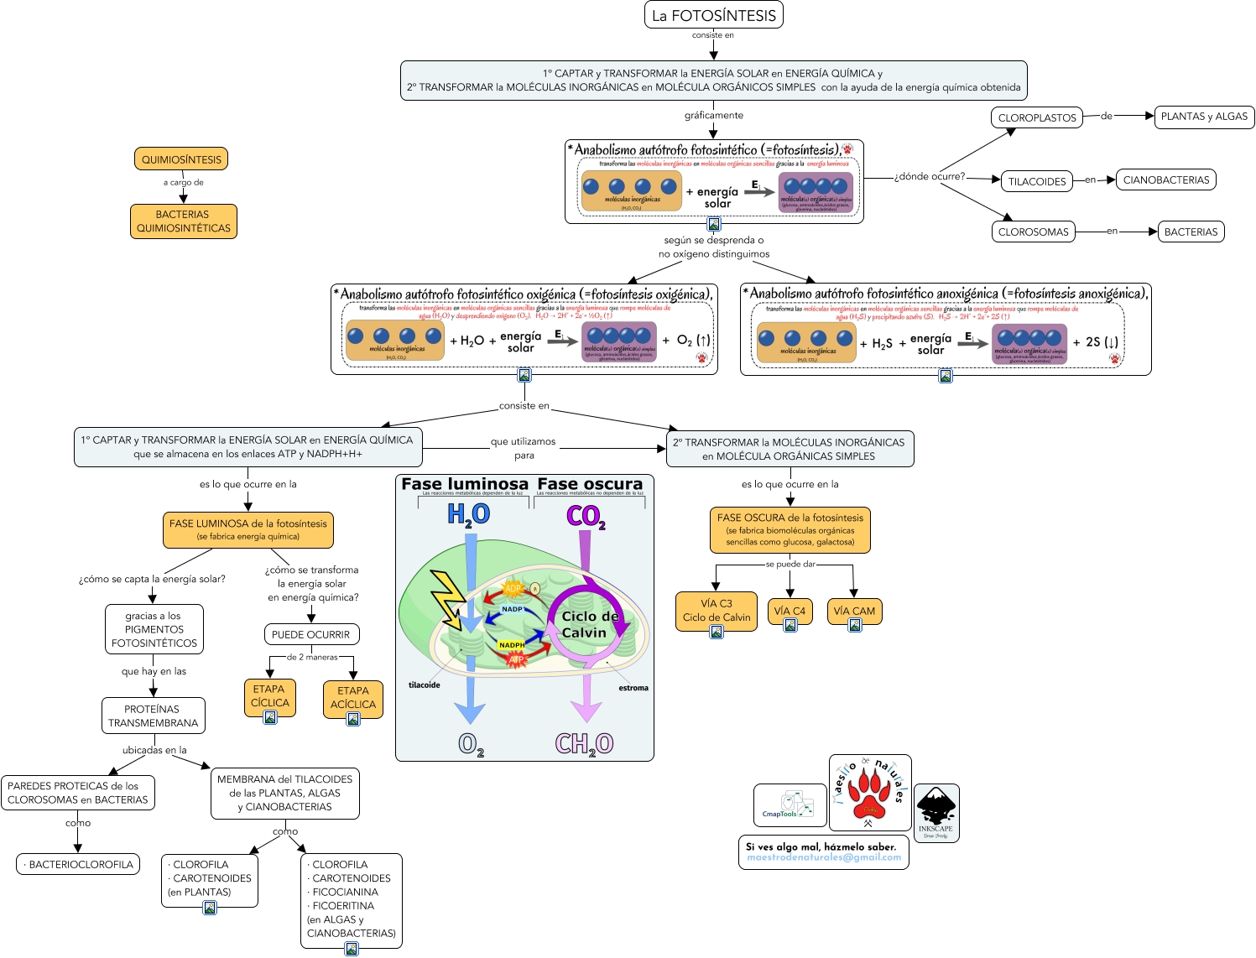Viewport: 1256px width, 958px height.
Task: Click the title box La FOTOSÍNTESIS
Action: tap(713, 15)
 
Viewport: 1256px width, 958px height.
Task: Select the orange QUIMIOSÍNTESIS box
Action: tap(181, 159)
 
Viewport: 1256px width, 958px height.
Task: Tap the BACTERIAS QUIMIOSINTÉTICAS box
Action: tap(183, 221)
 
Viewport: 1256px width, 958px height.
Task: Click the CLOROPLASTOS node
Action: tap(1036, 118)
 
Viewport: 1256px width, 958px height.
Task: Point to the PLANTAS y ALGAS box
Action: tap(1203, 117)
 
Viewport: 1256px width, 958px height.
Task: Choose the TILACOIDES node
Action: tap(1036, 181)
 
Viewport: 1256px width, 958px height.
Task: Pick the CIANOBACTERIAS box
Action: tap(1165, 180)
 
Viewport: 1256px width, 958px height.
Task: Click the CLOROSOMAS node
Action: tap(1033, 232)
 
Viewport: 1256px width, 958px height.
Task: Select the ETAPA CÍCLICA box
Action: tap(269, 696)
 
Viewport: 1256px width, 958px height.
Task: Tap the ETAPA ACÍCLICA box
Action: tap(352, 698)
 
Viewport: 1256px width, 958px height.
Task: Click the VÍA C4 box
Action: tap(789, 611)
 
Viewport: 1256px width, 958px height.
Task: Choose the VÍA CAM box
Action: tap(853, 611)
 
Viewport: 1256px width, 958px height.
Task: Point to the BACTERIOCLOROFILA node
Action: tap(78, 864)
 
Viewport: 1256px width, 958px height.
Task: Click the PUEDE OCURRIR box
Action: tap(310, 634)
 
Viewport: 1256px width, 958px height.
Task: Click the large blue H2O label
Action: tap(468, 514)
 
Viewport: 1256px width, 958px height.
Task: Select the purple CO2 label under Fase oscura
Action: tap(585, 516)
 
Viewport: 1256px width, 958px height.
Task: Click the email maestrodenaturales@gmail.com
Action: tap(823, 857)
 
